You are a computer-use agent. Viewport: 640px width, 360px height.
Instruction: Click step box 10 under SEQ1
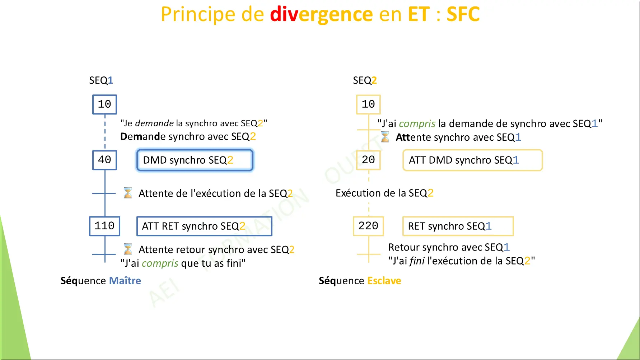(x=104, y=104)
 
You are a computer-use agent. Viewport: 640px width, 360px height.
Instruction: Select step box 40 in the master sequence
(x=104, y=160)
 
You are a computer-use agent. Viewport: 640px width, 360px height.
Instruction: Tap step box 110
(x=104, y=226)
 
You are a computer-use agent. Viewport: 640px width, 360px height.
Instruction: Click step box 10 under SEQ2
(x=368, y=104)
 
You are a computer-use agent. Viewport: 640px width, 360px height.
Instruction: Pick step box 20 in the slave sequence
(x=368, y=160)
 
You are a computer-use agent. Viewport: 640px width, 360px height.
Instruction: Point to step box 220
(x=368, y=226)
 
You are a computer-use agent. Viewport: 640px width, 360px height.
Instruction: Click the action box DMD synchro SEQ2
(x=195, y=160)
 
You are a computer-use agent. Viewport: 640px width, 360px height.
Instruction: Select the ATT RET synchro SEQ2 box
(x=204, y=226)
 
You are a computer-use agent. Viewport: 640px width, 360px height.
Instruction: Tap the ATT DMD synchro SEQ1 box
(x=472, y=160)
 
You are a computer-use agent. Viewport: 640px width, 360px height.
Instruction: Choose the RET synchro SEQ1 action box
(x=458, y=226)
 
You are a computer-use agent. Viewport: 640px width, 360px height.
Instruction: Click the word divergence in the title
(x=321, y=14)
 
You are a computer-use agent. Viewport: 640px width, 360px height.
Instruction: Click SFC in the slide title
(x=463, y=14)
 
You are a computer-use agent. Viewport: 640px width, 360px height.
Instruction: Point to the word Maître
(x=125, y=281)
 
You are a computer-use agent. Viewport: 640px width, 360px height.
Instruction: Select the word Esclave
(x=384, y=281)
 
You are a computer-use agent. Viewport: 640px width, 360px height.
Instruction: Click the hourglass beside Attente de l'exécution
(x=128, y=193)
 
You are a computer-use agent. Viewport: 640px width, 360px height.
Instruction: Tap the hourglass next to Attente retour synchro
(x=128, y=249)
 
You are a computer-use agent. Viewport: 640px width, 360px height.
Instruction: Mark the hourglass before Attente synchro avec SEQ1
(x=385, y=137)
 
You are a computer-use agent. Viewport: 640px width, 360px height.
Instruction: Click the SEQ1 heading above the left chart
(x=101, y=80)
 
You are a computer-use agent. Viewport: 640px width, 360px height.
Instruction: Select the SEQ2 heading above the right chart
(x=365, y=80)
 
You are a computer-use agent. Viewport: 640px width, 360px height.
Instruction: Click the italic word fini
(x=417, y=261)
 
